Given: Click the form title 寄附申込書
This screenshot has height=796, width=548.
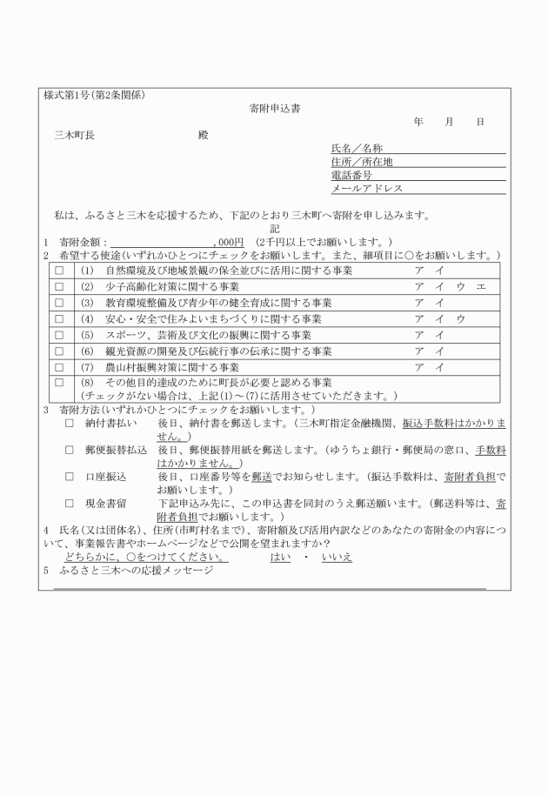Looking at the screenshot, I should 276,109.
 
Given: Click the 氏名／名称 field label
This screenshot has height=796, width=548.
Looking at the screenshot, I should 357,149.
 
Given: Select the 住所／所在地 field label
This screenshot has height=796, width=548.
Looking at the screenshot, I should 362,162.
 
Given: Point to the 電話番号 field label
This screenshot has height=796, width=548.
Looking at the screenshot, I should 351,175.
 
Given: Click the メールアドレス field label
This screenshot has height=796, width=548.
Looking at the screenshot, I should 367,188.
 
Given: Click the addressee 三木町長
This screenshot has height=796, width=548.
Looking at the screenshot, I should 74,136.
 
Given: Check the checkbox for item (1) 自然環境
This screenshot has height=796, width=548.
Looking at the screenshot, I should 59,271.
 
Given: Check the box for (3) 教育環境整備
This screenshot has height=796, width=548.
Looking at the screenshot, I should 59,303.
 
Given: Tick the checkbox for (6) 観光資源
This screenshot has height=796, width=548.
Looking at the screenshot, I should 59,351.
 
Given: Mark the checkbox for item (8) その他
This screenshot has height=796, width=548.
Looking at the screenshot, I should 59,382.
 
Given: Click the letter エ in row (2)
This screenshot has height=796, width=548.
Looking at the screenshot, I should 480,287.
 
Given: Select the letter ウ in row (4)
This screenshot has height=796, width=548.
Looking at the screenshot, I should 461,319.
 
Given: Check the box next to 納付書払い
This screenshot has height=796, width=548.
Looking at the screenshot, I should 70,424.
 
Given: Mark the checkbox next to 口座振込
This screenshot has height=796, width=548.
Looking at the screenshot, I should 70,478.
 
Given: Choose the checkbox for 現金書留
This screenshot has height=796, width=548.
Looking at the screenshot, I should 70,504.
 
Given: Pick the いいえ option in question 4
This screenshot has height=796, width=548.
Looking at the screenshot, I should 337,557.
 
